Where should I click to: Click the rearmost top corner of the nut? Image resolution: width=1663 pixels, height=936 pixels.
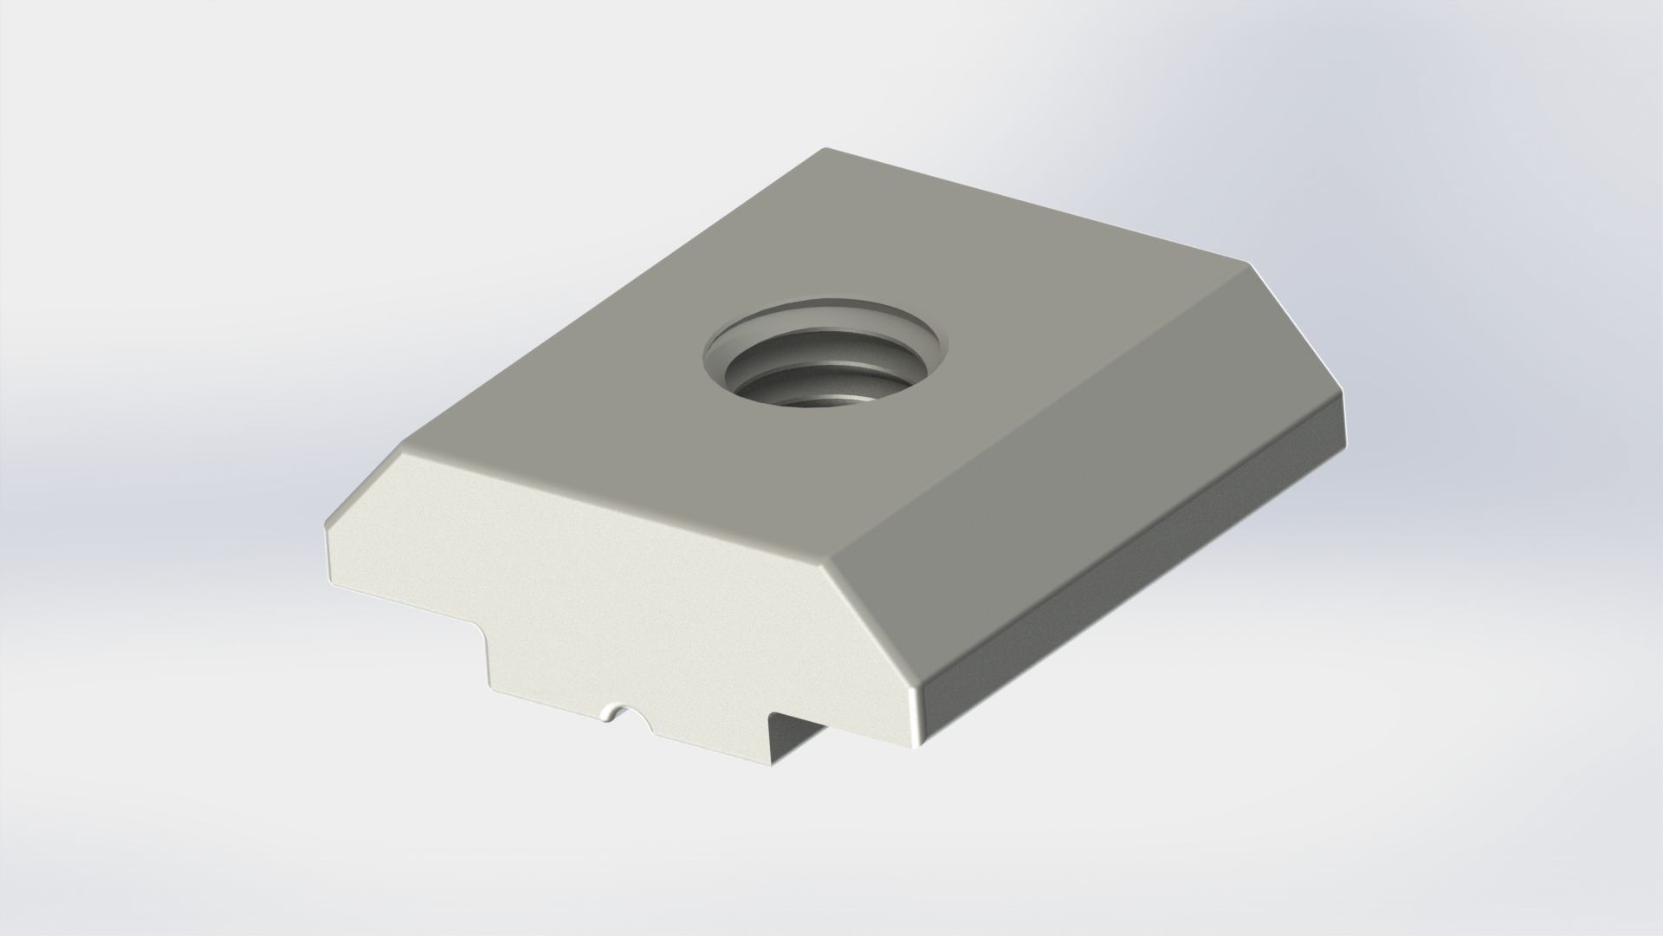825,150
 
